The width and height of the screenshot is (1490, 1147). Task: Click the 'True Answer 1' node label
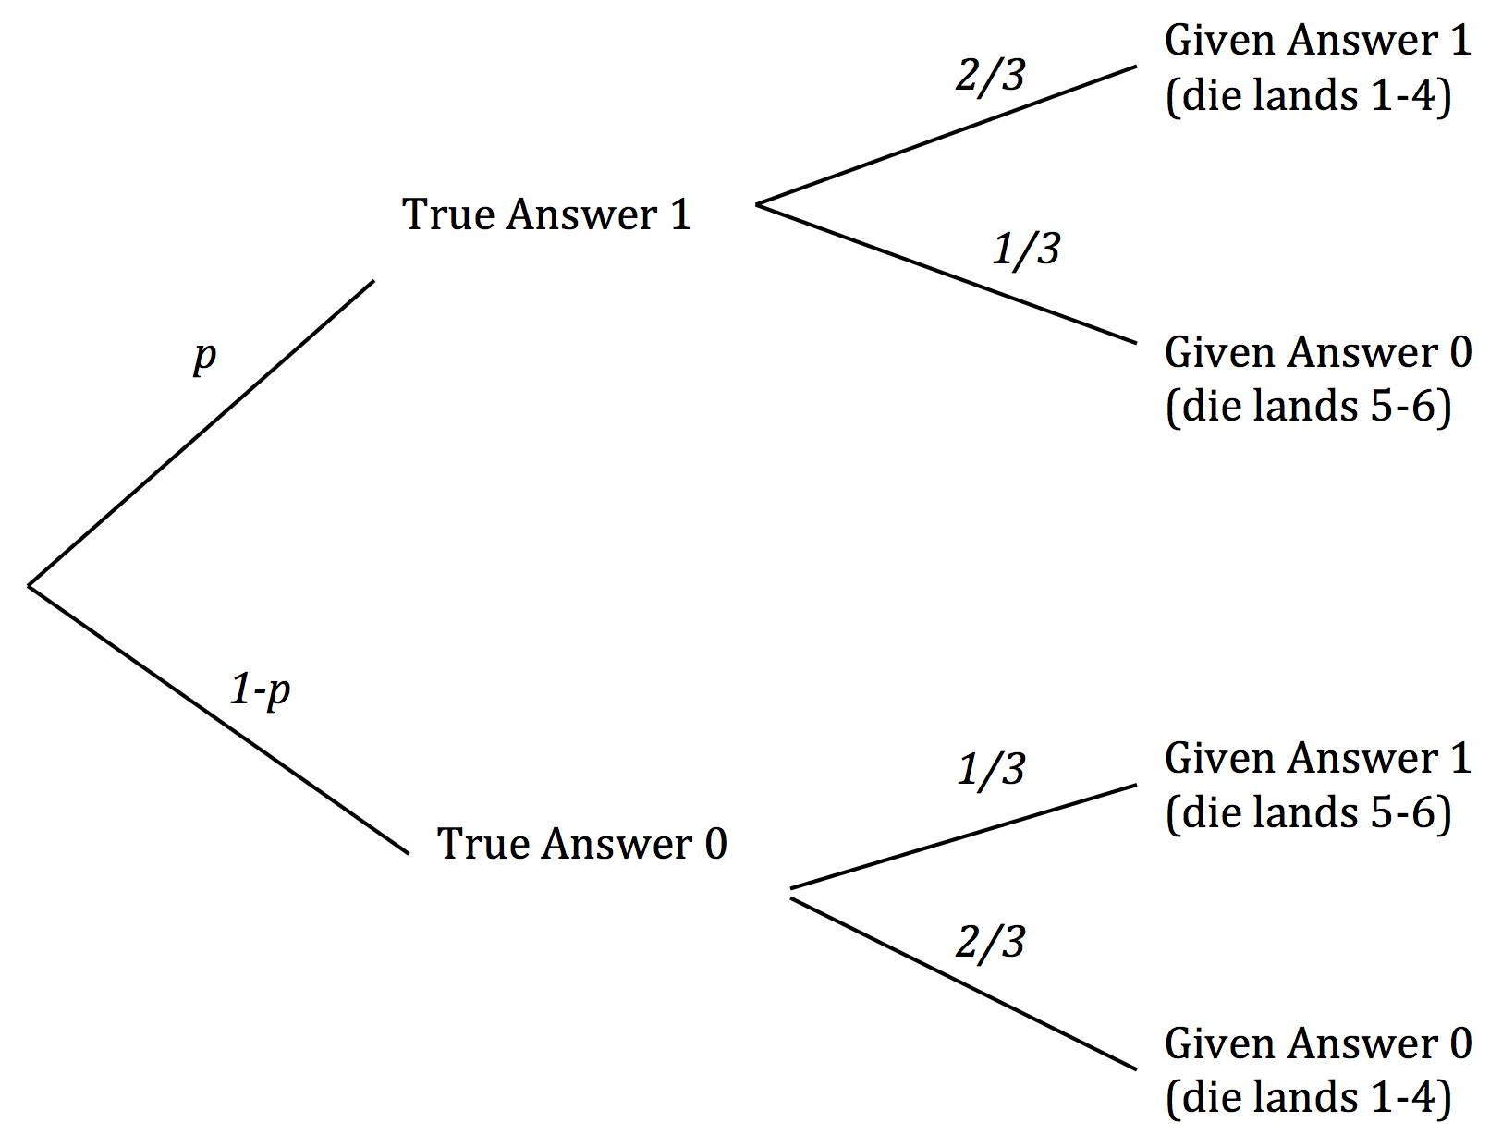[546, 214]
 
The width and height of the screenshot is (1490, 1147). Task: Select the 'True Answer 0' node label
[581, 844]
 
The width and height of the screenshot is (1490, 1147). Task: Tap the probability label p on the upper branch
[204, 355]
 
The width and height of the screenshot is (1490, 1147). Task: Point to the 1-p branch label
[260, 689]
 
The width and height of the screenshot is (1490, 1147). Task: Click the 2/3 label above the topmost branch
[990, 75]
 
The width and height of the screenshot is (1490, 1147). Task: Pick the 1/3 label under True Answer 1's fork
[1026, 249]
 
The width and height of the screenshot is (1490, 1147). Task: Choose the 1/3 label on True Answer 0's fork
[991, 769]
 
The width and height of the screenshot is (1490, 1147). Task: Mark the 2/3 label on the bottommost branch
[990, 942]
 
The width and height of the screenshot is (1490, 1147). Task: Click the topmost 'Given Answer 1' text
[1317, 41]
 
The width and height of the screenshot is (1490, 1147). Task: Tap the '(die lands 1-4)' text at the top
[1309, 95]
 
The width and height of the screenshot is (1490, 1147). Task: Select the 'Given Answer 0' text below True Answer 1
[1317, 352]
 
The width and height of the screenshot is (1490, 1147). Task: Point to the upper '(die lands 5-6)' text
[1309, 407]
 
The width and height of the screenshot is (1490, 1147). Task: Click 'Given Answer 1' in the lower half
[1317, 758]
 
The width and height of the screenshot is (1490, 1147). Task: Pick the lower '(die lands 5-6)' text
[1309, 812]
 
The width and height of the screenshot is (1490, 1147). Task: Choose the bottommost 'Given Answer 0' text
[1317, 1043]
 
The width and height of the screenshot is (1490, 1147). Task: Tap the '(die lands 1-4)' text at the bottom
[1309, 1098]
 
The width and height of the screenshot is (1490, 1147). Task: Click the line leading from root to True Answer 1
[202, 433]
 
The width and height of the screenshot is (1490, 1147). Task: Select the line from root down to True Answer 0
[218, 719]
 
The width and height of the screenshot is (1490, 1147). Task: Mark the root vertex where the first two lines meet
[30, 585]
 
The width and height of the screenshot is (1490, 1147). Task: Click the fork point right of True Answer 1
[758, 204]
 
